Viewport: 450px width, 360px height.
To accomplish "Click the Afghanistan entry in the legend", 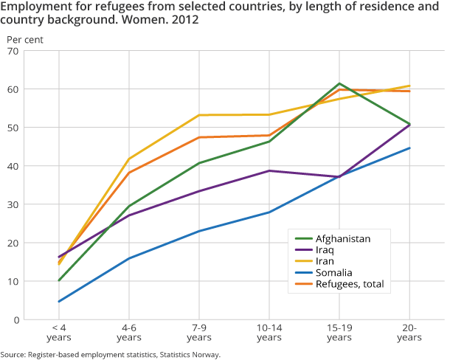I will pos(341,238).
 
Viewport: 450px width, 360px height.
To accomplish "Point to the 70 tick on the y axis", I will pos(13,50).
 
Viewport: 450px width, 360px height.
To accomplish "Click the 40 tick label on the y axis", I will pos(13,166).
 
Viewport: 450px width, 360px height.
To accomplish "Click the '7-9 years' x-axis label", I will pos(199,332).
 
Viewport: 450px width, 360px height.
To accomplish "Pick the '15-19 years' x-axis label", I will pos(339,332).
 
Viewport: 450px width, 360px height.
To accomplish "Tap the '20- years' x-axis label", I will pos(409,332).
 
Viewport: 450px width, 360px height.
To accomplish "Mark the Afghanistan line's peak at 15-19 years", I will pos(339,83).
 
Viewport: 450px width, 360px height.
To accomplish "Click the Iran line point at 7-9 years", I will pos(199,115).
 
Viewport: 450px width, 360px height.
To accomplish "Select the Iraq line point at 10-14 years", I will pos(269,170).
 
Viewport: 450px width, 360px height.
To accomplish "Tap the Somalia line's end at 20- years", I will pos(409,148).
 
